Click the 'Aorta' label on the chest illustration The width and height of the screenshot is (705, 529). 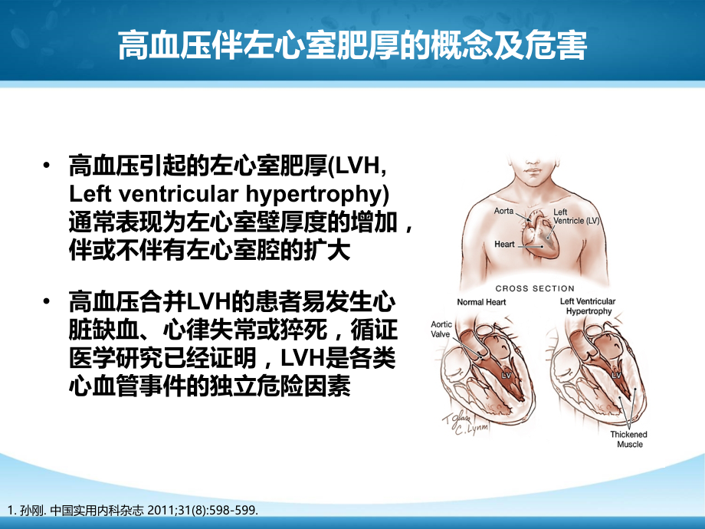(x=503, y=210)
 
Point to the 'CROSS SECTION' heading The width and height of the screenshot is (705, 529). (x=535, y=288)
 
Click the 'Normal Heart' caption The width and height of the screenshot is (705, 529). (x=481, y=302)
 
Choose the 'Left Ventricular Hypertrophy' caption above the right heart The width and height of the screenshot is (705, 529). (x=588, y=307)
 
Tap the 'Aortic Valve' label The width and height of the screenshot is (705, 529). (x=442, y=330)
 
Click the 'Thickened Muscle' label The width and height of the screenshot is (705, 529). (x=628, y=439)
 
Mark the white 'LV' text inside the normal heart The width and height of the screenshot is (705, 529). (x=506, y=376)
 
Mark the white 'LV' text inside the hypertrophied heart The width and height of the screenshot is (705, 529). (x=617, y=376)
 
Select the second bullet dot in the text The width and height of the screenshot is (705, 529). (x=50, y=297)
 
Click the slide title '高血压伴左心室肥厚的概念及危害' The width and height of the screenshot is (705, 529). (x=352, y=46)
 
